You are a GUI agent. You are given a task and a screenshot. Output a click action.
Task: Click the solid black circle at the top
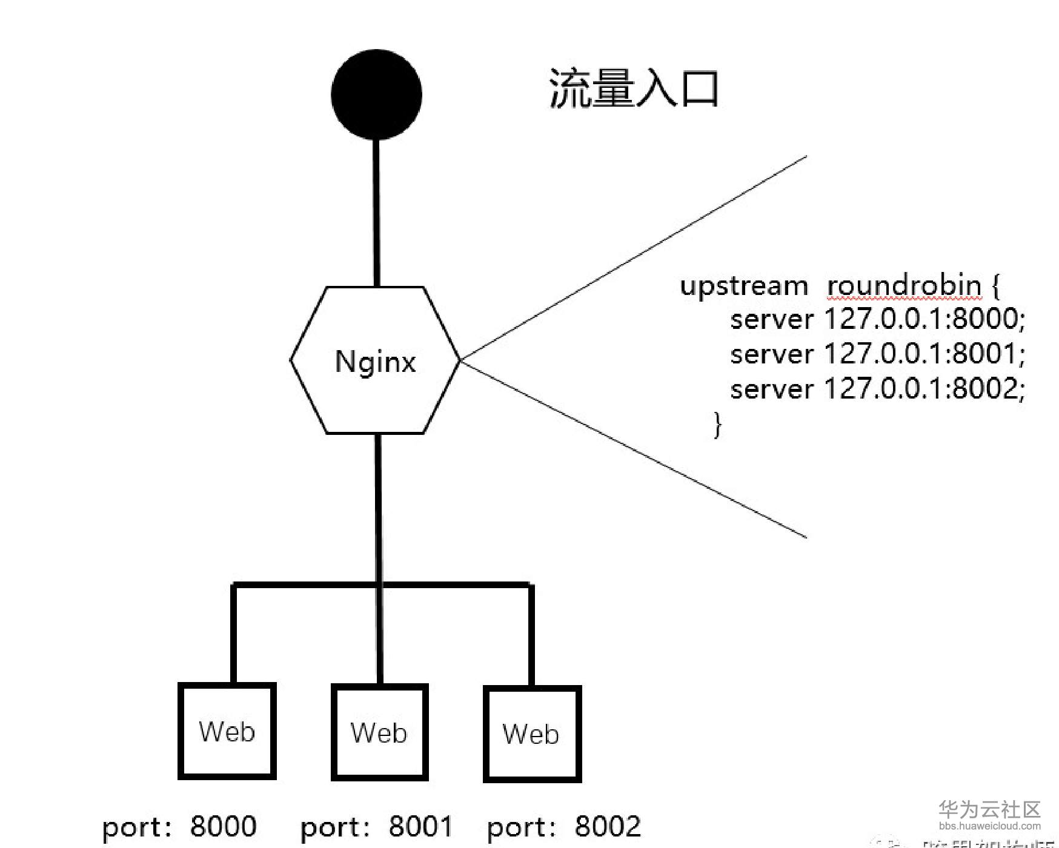pyautogui.click(x=376, y=95)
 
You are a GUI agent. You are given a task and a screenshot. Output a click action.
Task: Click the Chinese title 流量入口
pyautogui.click(x=634, y=89)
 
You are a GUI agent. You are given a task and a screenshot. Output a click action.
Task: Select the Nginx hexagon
pyautogui.click(x=375, y=360)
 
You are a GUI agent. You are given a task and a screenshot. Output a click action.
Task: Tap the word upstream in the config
pyautogui.click(x=744, y=285)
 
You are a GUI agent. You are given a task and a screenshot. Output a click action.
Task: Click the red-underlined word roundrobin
pyautogui.click(x=904, y=285)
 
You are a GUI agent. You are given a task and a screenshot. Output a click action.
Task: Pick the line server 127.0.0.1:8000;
pyautogui.click(x=877, y=319)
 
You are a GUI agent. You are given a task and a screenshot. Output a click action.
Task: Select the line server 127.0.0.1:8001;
pyautogui.click(x=877, y=354)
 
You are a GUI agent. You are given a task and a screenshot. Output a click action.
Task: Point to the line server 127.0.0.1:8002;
pyautogui.click(x=877, y=388)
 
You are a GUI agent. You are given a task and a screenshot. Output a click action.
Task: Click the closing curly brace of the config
pyautogui.click(x=718, y=424)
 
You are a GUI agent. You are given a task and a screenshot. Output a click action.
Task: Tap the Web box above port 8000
pyautogui.click(x=227, y=731)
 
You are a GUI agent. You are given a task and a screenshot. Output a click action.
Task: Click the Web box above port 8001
pyautogui.click(x=379, y=732)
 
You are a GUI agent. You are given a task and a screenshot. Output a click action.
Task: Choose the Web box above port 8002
pyautogui.click(x=532, y=734)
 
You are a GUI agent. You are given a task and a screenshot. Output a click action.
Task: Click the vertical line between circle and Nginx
pyautogui.click(x=377, y=212)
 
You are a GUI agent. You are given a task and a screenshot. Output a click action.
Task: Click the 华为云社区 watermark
pyautogui.click(x=989, y=809)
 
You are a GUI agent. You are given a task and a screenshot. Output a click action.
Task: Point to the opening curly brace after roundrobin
pyautogui.click(x=995, y=285)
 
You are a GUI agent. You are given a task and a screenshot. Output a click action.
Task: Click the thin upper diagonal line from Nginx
pyautogui.click(x=633, y=258)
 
